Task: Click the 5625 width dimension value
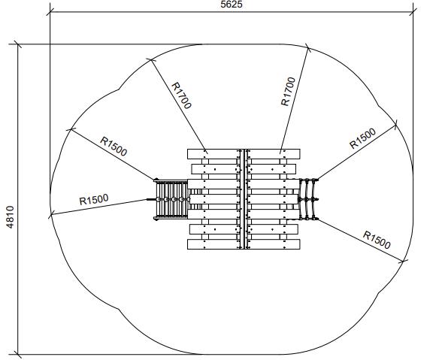pyautogui.click(x=232, y=5)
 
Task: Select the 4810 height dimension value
pyautogui.click(x=10, y=217)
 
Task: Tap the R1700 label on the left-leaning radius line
pyautogui.click(x=182, y=95)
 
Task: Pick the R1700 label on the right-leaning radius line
pyautogui.click(x=289, y=92)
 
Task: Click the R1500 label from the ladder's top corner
pyautogui.click(x=114, y=147)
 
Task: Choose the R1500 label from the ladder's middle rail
pyautogui.click(x=94, y=199)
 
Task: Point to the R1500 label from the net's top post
pyautogui.click(x=363, y=138)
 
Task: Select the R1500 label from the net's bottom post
pyautogui.click(x=377, y=240)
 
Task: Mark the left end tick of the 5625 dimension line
pyautogui.click(x=50, y=12)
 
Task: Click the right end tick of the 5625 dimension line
pyautogui.click(x=413, y=12)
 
